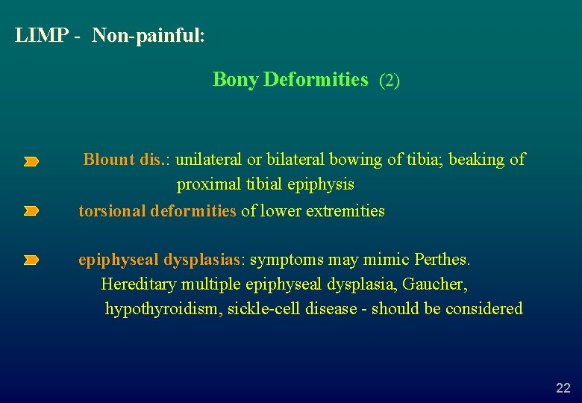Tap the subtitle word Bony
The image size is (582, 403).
click(235, 80)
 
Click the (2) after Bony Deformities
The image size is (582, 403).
click(389, 81)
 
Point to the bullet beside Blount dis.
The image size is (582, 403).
click(31, 161)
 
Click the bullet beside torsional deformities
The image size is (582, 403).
click(31, 212)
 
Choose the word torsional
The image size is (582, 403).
click(112, 211)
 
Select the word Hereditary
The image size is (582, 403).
click(140, 284)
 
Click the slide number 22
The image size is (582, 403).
click(563, 387)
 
